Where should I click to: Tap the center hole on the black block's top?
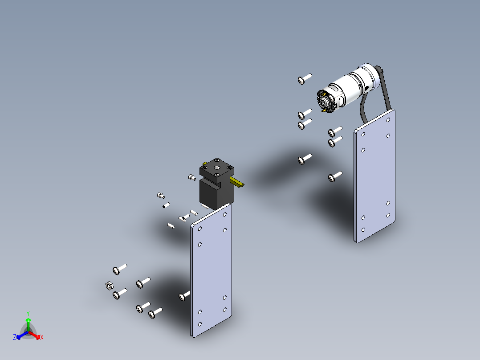pos(216,168)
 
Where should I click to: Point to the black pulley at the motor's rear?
pos(379,71)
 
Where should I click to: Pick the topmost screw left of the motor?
pos(304,79)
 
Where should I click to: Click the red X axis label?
pos(42,338)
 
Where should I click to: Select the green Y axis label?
pos(28,313)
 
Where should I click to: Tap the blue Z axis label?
pos(15,338)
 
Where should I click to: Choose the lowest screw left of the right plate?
pos(334,177)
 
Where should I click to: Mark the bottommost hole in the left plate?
pos(199,324)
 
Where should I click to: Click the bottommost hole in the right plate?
pos(363,230)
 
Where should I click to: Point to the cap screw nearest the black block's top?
pos(192,177)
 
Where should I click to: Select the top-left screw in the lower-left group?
pos(119,269)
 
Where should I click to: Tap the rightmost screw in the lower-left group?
pos(155,314)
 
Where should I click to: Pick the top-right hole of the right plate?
pos(388,120)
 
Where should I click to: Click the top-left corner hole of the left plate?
pos(200,229)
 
